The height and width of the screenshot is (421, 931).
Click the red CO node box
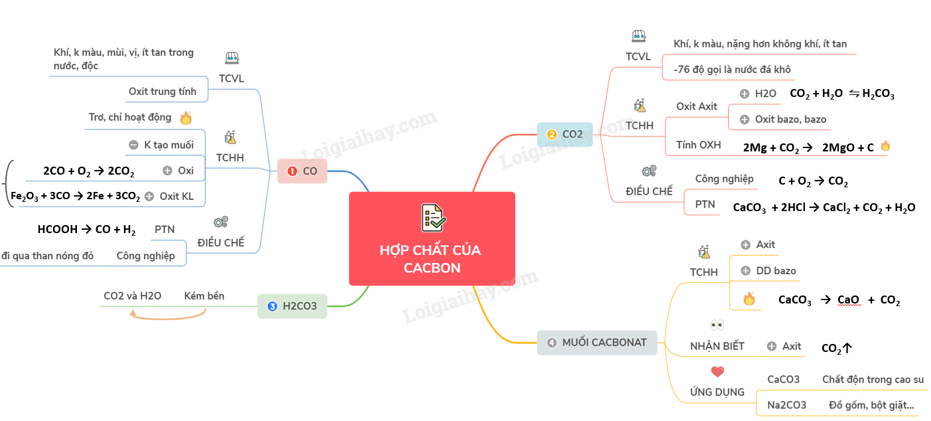(302, 171)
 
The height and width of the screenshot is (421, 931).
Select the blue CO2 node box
(565, 134)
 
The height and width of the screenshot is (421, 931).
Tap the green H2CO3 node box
(292, 306)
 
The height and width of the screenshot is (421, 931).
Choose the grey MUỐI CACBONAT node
(597, 343)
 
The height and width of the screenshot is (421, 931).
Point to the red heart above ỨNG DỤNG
(717, 371)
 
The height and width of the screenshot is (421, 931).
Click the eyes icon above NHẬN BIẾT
(717, 325)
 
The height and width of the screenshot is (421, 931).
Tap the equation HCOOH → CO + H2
(86, 230)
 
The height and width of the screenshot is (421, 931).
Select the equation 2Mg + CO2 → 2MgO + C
(808, 147)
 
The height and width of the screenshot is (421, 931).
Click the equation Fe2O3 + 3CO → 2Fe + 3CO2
(75, 196)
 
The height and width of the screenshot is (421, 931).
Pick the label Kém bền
(204, 295)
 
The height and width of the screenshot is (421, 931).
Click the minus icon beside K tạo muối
(133, 145)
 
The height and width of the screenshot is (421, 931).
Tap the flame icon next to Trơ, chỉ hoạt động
(186, 118)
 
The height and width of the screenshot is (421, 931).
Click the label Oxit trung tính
(163, 92)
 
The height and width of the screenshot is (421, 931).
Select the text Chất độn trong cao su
(873, 379)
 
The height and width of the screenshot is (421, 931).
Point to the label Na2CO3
(787, 405)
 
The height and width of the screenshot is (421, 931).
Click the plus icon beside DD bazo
(746, 271)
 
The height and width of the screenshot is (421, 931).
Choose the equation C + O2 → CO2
(813, 181)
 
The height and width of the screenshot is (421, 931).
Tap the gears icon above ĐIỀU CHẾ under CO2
(649, 171)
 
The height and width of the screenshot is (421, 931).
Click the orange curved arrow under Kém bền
(168, 318)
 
